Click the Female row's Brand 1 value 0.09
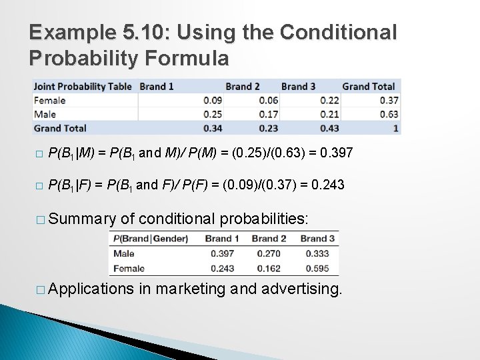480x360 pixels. click(213, 101)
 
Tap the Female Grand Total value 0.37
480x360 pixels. click(389, 101)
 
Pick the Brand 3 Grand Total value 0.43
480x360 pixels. click(329, 128)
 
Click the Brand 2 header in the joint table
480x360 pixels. click(243, 86)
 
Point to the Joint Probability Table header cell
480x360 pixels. click(83, 86)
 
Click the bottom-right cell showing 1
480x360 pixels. click(395, 128)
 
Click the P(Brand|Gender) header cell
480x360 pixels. click(151, 239)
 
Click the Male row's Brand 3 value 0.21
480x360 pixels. click(329, 115)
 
